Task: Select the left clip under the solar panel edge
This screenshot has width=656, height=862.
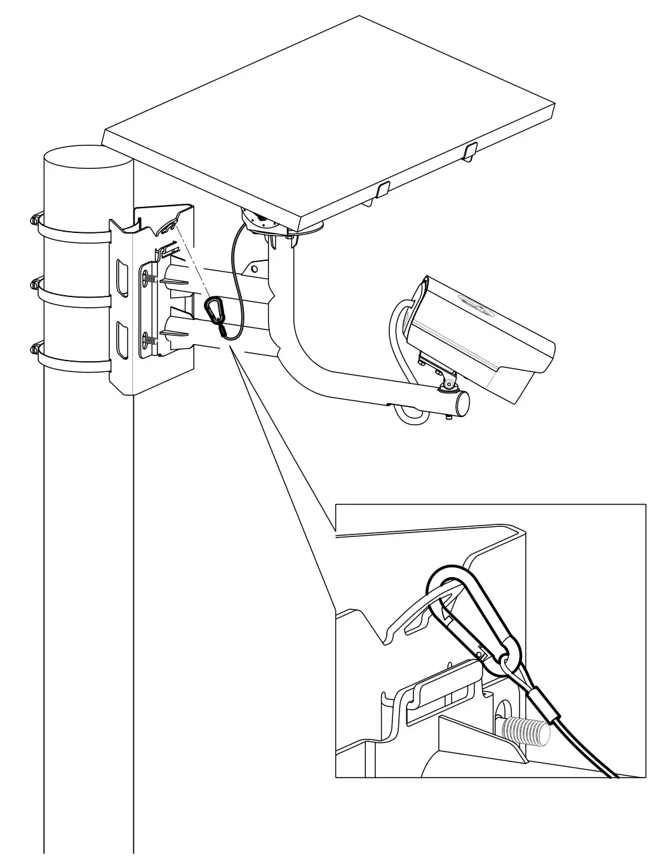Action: point(383,189)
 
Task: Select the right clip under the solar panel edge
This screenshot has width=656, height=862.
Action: point(471,152)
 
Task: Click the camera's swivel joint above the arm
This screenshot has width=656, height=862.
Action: point(448,383)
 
